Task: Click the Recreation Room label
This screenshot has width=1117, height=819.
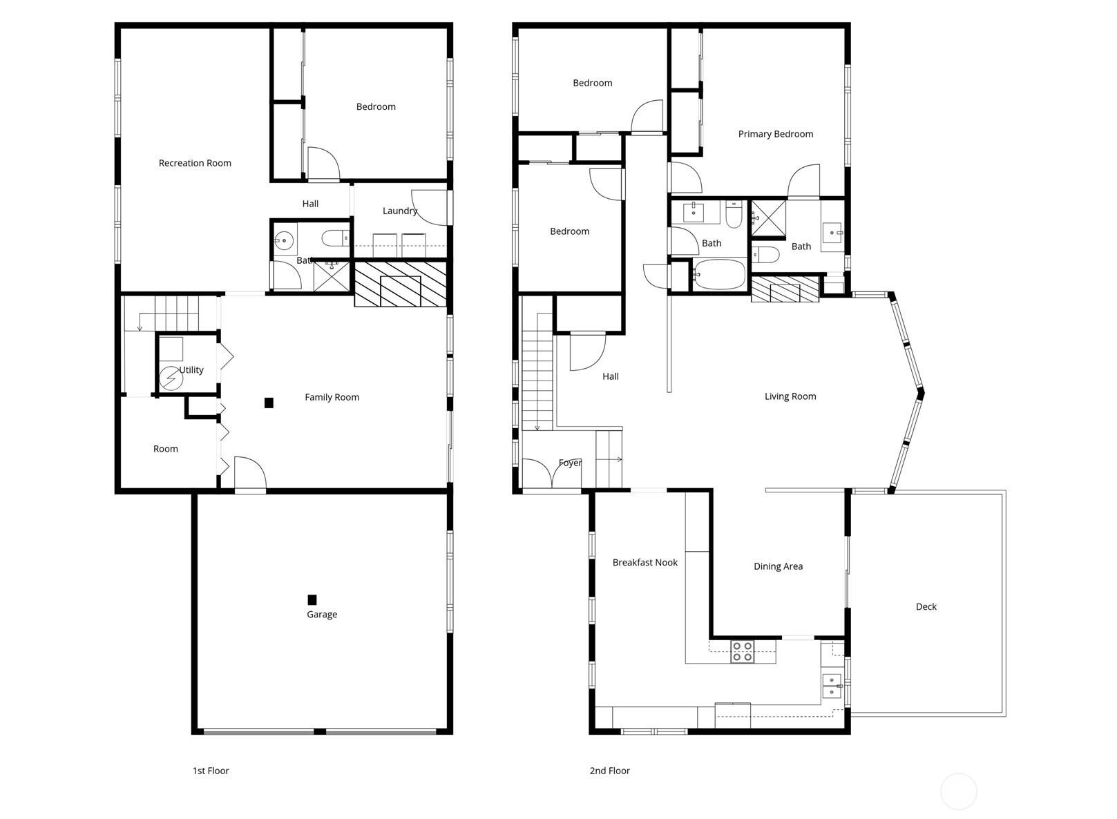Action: pos(195,163)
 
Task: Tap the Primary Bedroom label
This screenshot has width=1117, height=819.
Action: pos(776,134)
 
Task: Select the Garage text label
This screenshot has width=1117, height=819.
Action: pos(322,615)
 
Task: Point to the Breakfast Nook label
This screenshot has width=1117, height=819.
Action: pos(645,562)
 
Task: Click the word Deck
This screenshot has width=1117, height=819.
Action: pos(926,606)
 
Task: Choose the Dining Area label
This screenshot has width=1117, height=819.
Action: pos(778,566)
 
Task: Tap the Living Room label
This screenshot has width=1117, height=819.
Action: pos(790,396)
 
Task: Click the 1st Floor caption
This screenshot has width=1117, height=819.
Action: pos(211,771)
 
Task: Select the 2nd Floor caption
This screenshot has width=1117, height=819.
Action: pos(609,771)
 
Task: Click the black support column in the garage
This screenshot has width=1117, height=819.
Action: pos(312,599)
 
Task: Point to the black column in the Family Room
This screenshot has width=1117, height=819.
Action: pos(269,403)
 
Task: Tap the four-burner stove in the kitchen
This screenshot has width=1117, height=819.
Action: pos(743,652)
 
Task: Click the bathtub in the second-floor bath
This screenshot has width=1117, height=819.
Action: pos(719,274)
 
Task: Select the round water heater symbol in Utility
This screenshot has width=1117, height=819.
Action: pos(171,378)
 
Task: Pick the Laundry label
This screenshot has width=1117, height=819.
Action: pos(400,211)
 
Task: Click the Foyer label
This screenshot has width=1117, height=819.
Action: pos(570,463)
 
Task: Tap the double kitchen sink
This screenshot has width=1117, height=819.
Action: pos(832,686)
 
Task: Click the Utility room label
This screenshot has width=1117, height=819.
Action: pos(191,370)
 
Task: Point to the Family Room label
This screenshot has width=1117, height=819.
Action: pos(332,397)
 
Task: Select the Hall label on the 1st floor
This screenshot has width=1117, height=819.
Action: pos(310,204)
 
